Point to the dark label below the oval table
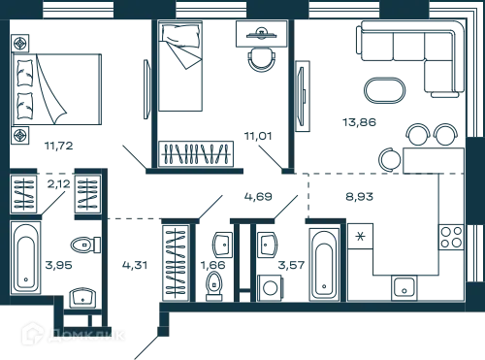359,123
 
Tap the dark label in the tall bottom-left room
131,262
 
